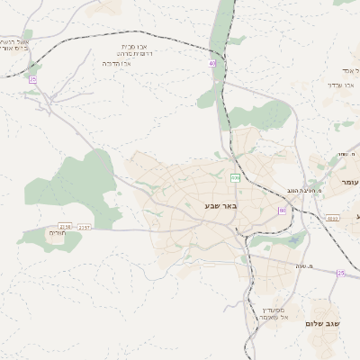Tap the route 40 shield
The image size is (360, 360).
212,64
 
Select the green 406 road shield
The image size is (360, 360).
235,178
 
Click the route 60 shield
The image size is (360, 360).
282,211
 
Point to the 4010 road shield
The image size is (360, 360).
332,218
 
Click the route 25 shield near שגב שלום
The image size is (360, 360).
341,273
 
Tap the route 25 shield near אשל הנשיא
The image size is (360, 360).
32,80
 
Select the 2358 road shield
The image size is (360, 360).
65,227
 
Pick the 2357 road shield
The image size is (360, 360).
84,227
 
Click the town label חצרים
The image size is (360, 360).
58,233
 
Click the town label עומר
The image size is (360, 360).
349,183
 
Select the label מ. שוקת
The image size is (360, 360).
346,154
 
